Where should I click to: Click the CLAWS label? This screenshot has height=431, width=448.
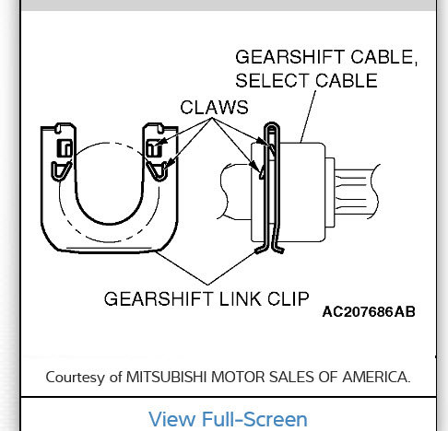215,108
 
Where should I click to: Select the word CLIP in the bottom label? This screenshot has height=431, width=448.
287,299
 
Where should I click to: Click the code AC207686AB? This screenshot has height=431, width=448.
369,312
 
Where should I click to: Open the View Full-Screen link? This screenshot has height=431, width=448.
228,419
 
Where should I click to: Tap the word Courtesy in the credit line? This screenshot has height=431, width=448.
77,376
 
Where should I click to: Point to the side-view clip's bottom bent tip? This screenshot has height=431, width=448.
272,247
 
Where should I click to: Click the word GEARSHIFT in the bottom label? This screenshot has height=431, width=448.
149,299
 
